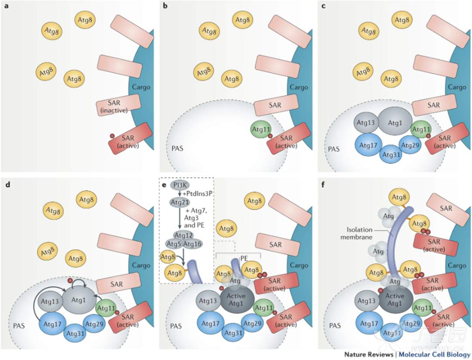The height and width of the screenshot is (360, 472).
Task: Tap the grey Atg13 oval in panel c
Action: [x=365, y=123]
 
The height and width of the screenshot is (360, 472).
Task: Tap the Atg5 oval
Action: [x=174, y=243]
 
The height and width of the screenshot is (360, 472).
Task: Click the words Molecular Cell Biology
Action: [x=434, y=354]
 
